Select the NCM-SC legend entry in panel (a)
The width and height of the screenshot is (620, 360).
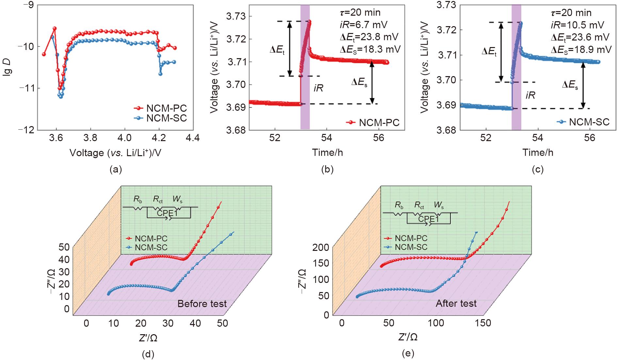[x=166, y=118]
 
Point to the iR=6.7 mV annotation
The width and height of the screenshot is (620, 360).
[x=363, y=24]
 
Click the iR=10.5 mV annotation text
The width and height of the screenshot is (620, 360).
[x=576, y=25]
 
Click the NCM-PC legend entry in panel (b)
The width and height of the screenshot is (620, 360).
[x=379, y=123]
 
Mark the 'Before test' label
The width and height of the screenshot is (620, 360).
[x=202, y=304]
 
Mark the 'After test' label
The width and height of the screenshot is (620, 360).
[x=456, y=303]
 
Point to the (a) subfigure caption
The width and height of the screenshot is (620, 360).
[x=116, y=169]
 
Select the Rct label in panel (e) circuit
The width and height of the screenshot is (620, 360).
[x=421, y=205]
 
